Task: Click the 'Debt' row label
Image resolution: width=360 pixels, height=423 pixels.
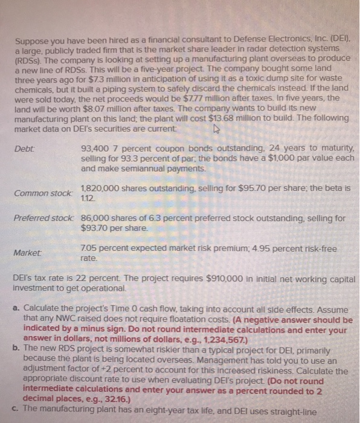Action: pyautogui.click(x=22, y=147)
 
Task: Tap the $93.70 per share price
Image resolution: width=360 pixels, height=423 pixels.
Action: pyautogui.click(x=95, y=228)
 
